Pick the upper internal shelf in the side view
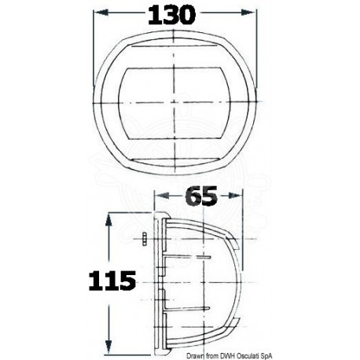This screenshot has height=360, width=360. pyautogui.click(x=193, y=256)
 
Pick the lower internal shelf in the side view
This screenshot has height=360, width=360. pyautogui.click(x=193, y=306)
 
